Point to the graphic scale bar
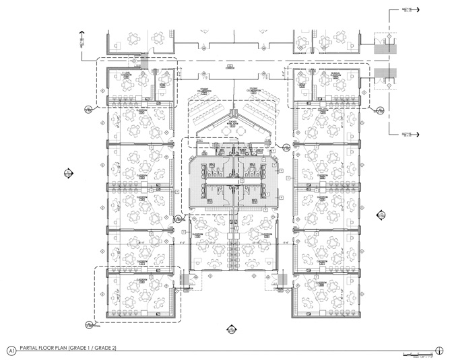tap(416, 353)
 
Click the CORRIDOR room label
tap(230, 67)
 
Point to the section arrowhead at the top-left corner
tap(82, 32)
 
